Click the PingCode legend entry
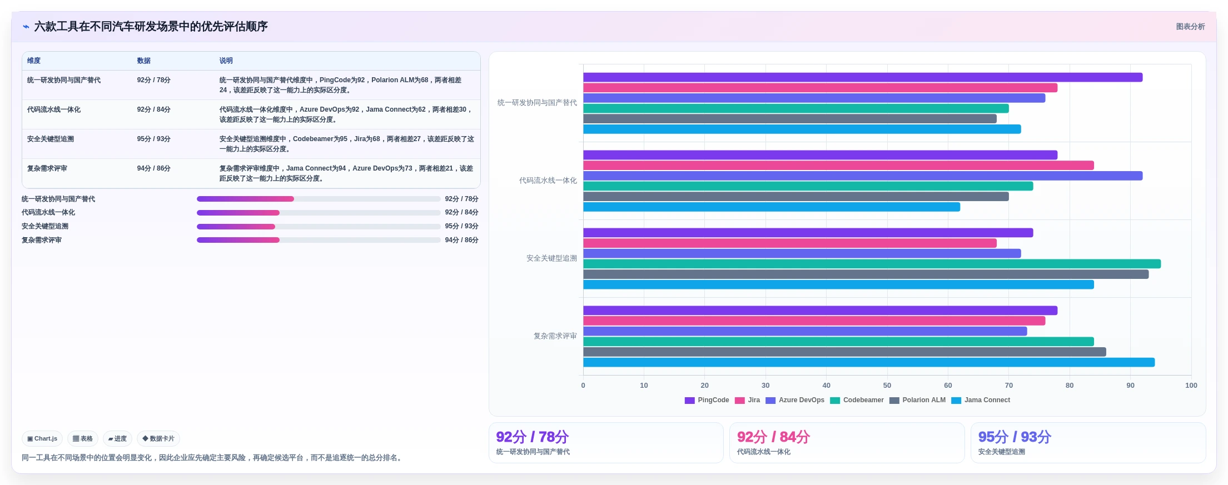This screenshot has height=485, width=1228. (x=707, y=400)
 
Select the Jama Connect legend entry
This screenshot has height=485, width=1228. (x=981, y=400)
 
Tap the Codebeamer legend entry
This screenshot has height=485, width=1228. (x=857, y=400)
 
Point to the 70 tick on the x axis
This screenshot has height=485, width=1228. (x=1008, y=386)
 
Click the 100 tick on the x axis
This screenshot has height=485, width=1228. (x=1191, y=386)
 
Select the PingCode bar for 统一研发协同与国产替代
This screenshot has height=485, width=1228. (x=863, y=77)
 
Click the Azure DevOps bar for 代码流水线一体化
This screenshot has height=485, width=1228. (x=863, y=176)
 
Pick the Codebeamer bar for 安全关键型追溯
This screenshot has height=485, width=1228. (x=872, y=264)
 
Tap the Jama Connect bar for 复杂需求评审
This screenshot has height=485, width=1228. (x=869, y=362)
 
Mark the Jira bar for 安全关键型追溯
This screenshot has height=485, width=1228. (x=790, y=243)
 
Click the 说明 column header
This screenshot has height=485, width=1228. (x=226, y=61)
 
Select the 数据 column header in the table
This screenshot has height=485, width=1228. (x=144, y=61)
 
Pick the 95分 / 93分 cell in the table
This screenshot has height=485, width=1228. (x=154, y=139)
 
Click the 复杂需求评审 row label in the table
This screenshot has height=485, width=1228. (x=47, y=168)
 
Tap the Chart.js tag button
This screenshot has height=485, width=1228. (x=42, y=438)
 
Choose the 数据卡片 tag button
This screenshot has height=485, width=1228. (x=158, y=438)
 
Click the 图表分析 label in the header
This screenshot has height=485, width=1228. (x=1190, y=27)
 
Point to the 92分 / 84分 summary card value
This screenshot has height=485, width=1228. (x=773, y=437)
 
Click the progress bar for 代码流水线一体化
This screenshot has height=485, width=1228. (x=319, y=213)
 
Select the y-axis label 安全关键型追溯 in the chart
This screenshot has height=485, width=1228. (x=551, y=258)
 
